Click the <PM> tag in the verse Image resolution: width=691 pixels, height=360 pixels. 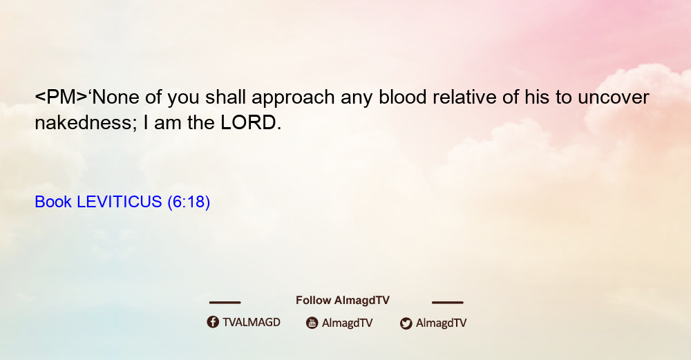click(x=61, y=97)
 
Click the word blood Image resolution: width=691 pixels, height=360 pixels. click(x=403, y=97)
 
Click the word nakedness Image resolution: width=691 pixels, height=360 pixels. click(x=83, y=122)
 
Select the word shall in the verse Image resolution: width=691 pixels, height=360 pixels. click(x=225, y=97)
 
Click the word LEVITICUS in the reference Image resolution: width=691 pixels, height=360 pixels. click(x=119, y=202)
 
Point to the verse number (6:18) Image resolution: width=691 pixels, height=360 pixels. click(x=189, y=202)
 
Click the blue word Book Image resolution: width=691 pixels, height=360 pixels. click(x=53, y=202)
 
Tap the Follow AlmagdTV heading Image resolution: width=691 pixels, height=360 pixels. click(x=343, y=301)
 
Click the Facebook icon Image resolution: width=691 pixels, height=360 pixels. click(x=213, y=322)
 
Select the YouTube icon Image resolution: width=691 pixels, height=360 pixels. click(x=312, y=323)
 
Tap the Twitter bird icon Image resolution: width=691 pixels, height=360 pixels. click(x=406, y=323)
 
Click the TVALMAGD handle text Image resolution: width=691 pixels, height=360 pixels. click(x=252, y=323)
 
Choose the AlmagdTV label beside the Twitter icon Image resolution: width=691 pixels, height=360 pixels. click(x=441, y=323)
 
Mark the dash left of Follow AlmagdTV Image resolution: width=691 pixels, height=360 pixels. click(x=225, y=303)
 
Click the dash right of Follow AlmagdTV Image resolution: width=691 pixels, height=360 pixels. click(x=448, y=303)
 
